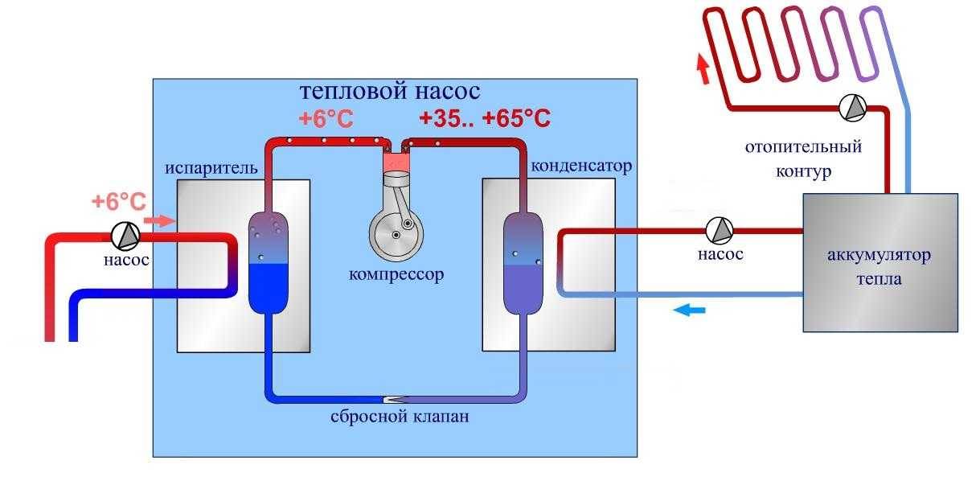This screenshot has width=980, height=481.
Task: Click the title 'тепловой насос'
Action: [x=389, y=90]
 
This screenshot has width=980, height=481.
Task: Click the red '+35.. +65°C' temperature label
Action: [x=484, y=119]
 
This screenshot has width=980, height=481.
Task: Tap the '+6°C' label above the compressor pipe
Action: [x=326, y=119]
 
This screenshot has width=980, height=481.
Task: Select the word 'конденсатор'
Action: [x=581, y=166]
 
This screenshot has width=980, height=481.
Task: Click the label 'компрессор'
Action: [x=396, y=273]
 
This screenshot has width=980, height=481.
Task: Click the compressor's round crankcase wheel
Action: [x=394, y=232]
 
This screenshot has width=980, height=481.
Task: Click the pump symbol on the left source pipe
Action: [x=125, y=235]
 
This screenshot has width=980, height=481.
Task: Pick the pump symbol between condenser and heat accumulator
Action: [x=720, y=231]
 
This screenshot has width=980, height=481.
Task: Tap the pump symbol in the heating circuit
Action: [x=851, y=108]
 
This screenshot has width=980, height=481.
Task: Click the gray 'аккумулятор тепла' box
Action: [x=880, y=262]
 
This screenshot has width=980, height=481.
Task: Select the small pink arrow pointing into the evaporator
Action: [x=162, y=220]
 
